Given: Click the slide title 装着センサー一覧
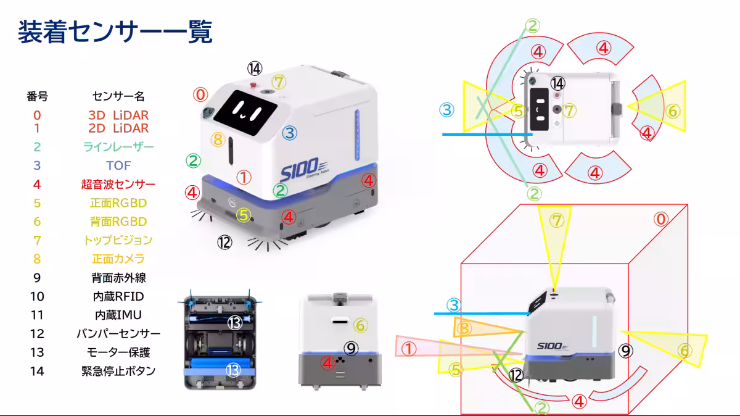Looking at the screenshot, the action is pyautogui.click(x=115, y=31).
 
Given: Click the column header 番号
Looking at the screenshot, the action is pyautogui.click(x=37, y=96).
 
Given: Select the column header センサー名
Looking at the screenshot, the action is pyautogui.click(x=118, y=96).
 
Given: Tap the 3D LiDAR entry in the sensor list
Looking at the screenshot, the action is pyautogui.click(x=118, y=115).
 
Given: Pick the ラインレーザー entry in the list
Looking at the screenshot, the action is pyautogui.click(x=118, y=146).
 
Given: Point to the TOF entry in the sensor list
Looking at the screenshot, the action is pyautogui.click(x=118, y=165).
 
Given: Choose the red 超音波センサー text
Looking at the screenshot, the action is pyautogui.click(x=118, y=184).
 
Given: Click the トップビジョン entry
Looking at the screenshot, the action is pyautogui.click(x=118, y=240).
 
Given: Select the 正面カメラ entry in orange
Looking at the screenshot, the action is pyautogui.click(x=118, y=259).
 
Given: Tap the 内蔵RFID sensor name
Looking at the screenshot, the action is pyautogui.click(x=118, y=296).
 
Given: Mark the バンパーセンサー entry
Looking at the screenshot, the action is pyautogui.click(x=118, y=334).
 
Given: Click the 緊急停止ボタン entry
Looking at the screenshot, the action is pyautogui.click(x=118, y=371).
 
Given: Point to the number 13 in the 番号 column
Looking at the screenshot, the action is pyautogui.click(x=37, y=352).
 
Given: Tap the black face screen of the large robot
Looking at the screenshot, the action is pyautogui.click(x=245, y=112).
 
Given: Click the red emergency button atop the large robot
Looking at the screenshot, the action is pyautogui.click(x=253, y=85).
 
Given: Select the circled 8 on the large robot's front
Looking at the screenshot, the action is pyautogui.click(x=218, y=139).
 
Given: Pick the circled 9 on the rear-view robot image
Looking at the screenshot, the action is pyautogui.click(x=351, y=349).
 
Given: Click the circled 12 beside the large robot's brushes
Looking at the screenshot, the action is pyautogui.click(x=224, y=243).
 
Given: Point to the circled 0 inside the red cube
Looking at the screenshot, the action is pyautogui.click(x=661, y=219).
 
